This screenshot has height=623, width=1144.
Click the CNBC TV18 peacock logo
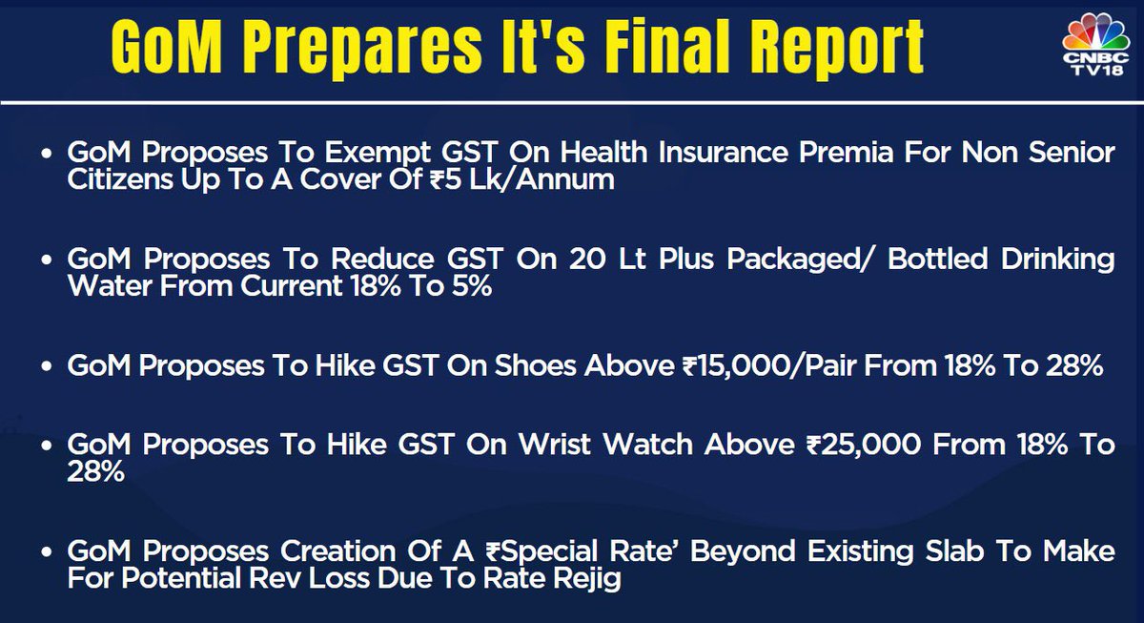click(1095, 45)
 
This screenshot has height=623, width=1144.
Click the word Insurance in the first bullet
click(723, 153)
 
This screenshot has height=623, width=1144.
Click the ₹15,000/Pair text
click(769, 366)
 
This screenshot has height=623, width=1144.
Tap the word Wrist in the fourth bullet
click(555, 445)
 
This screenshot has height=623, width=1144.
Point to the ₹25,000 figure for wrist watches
click(864, 445)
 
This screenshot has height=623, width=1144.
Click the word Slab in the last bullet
click(954, 550)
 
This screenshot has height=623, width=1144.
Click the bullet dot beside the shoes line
click(47, 366)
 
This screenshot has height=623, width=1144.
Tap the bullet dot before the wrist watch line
click(47, 446)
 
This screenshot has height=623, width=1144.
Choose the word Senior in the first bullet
click(1072, 153)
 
